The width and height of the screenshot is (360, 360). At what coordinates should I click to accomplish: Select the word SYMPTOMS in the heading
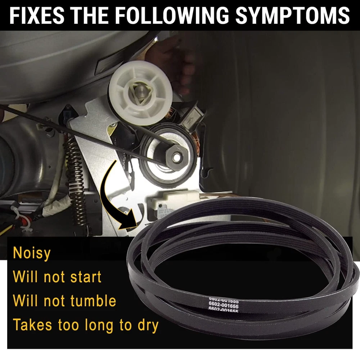[293, 15]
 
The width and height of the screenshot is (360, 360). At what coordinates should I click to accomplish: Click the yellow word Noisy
[32, 253]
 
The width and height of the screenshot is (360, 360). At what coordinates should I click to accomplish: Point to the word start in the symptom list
[86, 276]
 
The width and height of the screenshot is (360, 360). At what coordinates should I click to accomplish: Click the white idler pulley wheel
[140, 93]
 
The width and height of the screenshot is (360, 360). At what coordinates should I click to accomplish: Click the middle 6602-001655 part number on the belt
[224, 306]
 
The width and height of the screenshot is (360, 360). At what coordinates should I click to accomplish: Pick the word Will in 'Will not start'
[25, 276]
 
